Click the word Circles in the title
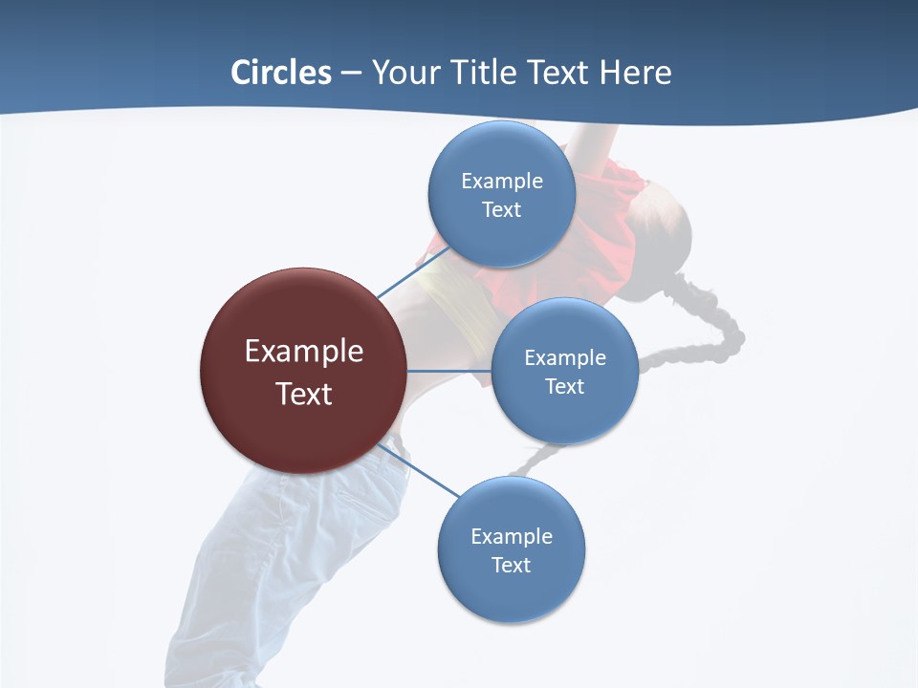(x=280, y=73)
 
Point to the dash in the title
(x=351, y=74)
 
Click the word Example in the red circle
(x=303, y=352)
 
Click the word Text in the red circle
(x=303, y=394)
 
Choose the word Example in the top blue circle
(x=501, y=181)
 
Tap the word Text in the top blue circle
(x=501, y=209)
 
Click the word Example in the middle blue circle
(x=564, y=357)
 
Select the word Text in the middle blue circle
(x=564, y=386)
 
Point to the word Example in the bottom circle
(x=511, y=536)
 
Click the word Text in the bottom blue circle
(x=511, y=565)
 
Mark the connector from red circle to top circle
(x=413, y=271)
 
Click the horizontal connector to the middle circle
(x=448, y=371)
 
